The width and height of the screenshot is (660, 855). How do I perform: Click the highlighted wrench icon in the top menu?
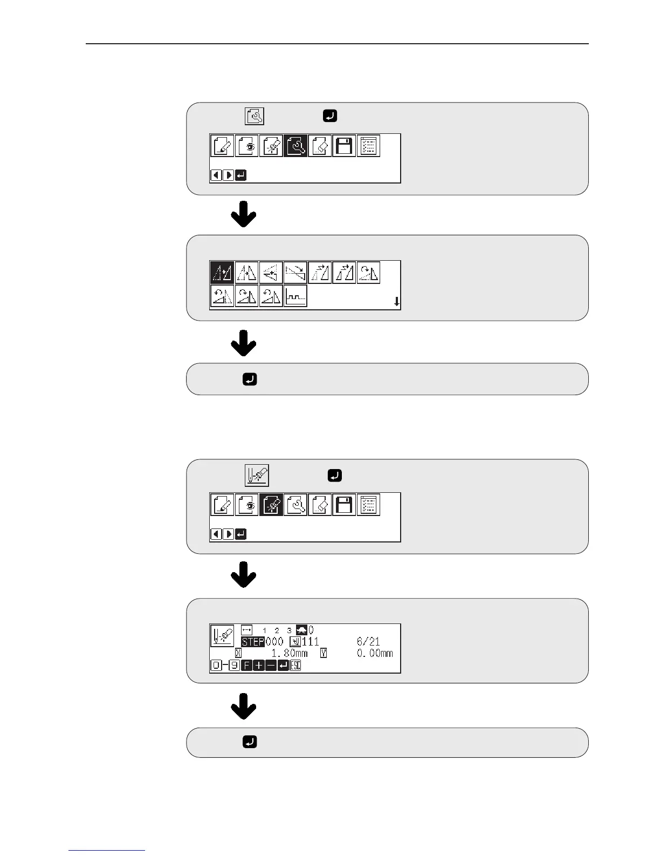[x=296, y=146]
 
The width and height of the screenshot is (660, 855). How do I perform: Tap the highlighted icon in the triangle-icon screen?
[x=222, y=273]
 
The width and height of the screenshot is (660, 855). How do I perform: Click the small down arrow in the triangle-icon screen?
[x=397, y=302]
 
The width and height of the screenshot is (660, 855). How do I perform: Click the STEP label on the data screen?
[x=252, y=642]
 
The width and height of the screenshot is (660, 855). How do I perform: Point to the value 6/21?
[x=368, y=642]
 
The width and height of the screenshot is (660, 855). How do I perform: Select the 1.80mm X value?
[x=289, y=653]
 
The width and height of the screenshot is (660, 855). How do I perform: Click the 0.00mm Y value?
[x=375, y=653]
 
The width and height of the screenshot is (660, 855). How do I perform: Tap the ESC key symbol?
[x=295, y=666]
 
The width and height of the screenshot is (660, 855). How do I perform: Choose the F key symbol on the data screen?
[x=246, y=666]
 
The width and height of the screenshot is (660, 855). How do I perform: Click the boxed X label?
[x=238, y=653]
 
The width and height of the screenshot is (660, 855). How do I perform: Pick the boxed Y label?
[x=324, y=653]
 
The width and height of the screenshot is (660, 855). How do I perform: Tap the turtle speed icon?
[x=301, y=630]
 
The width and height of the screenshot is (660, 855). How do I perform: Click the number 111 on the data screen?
[x=310, y=642]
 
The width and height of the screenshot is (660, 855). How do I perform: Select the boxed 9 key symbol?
[x=234, y=666]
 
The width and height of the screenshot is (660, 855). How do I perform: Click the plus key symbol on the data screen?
[x=258, y=666]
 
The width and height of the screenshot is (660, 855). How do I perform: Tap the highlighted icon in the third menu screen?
[x=271, y=505]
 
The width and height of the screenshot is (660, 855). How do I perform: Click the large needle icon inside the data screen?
[x=222, y=635]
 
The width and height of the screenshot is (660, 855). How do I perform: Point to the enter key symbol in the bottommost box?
[x=250, y=742]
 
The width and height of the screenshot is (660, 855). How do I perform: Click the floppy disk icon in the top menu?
[x=344, y=146]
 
